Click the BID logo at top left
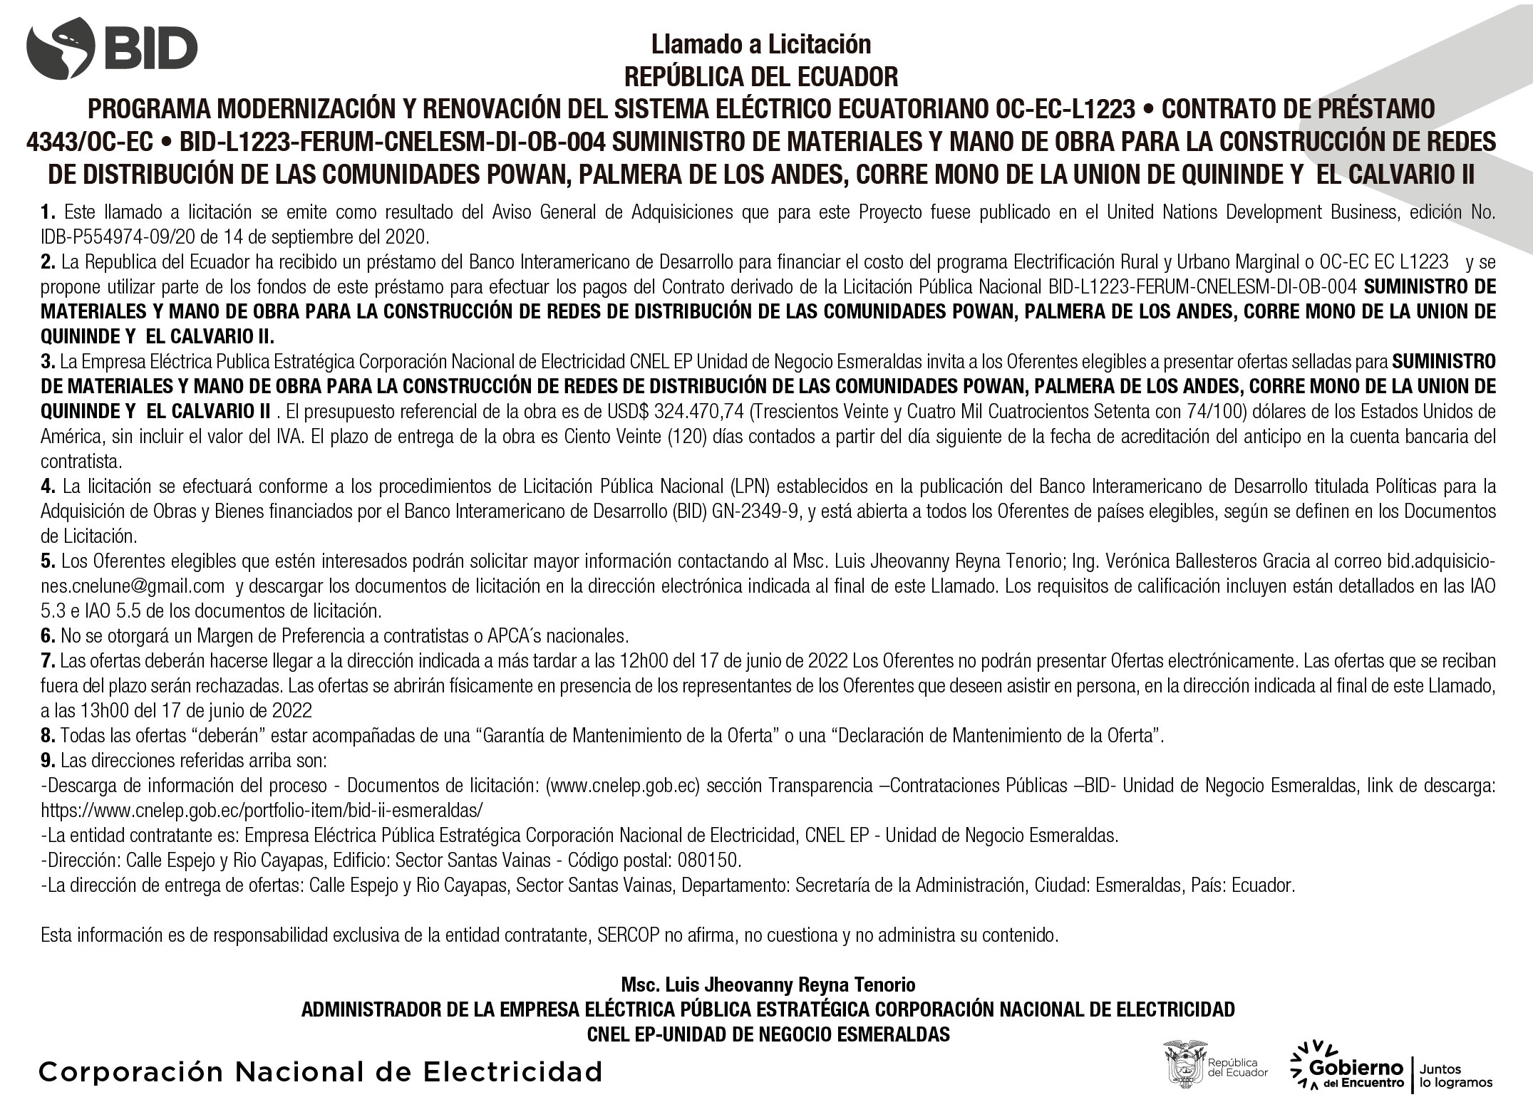[112, 48]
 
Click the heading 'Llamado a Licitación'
[760, 45]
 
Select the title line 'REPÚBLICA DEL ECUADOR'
[760, 76]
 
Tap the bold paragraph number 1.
[48, 212]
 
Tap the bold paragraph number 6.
[48, 635]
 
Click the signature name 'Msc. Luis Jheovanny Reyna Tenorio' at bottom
[768, 985]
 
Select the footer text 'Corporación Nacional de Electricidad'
[321, 1071]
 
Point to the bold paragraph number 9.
[48, 761]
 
